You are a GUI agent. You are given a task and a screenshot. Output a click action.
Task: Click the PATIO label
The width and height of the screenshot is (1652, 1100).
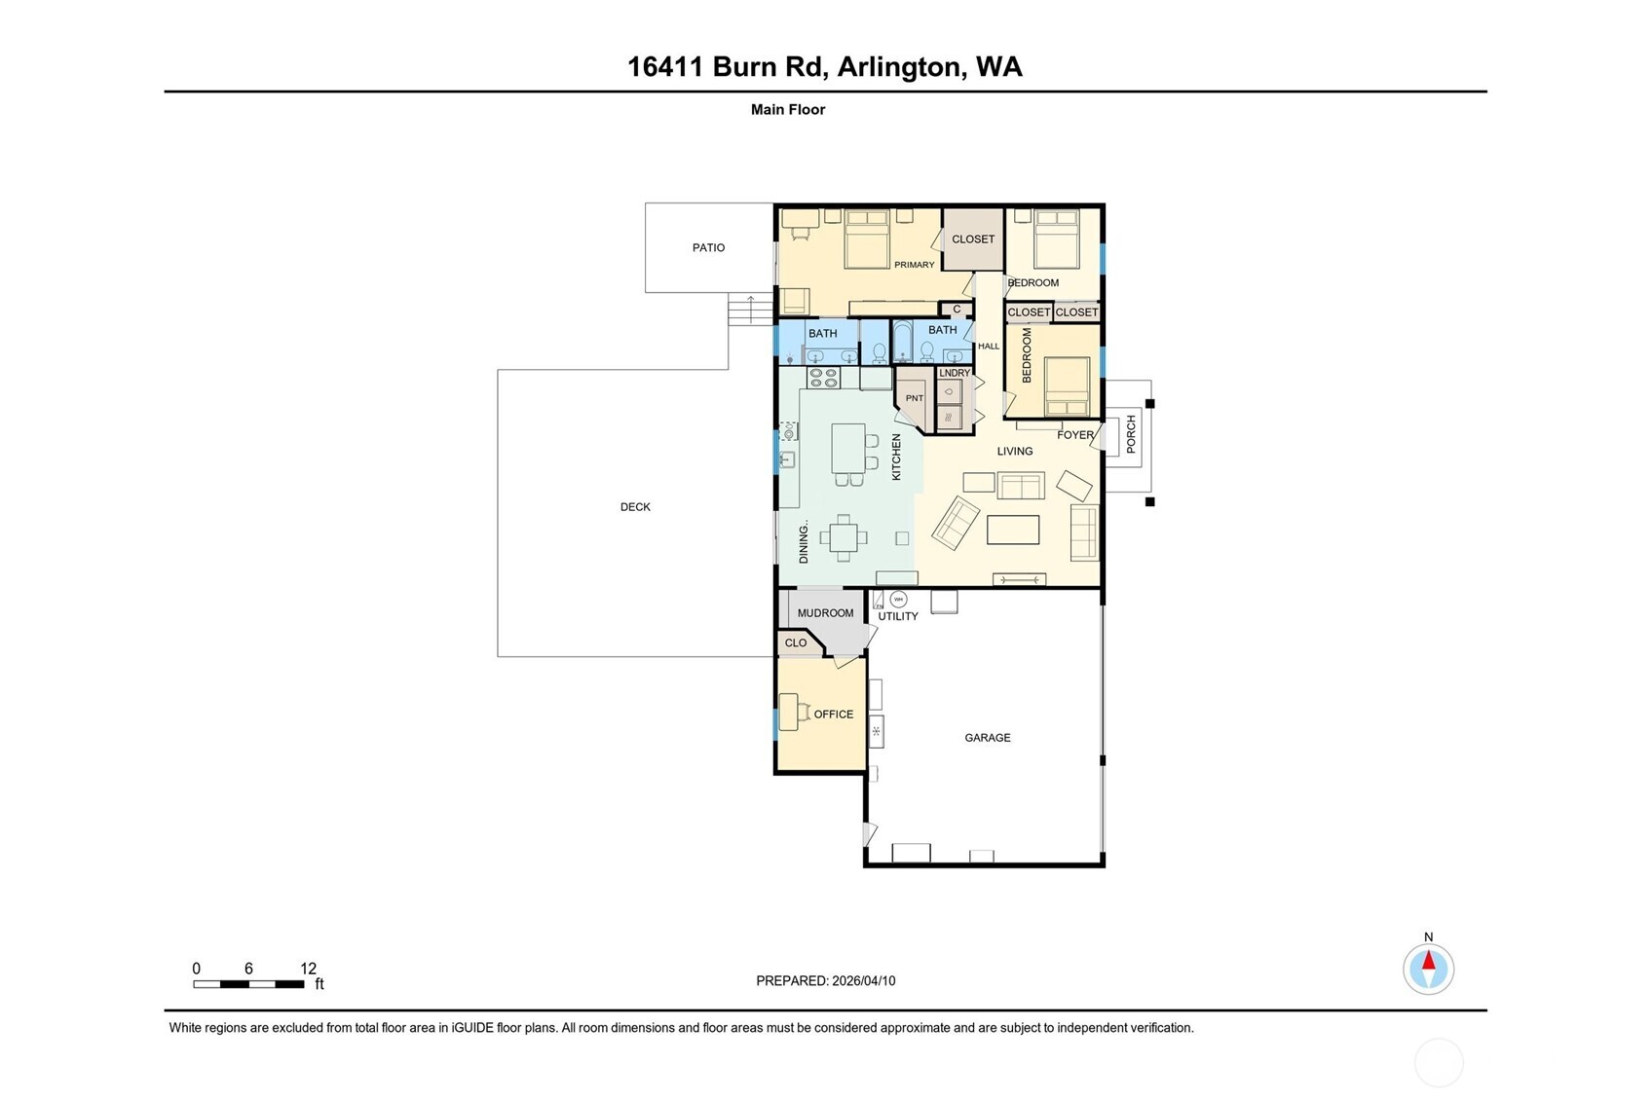pyautogui.click(x=708, y=247)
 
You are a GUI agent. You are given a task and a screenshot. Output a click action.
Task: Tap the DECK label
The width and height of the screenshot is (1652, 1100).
pyautogui.click(x=635, y=506)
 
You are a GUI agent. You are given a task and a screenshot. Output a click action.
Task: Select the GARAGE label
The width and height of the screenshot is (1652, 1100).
pyautogui.click(x=987, y=737)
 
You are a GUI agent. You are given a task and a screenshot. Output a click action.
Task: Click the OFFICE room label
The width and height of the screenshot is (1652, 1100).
pyautogui.click(x=833, y=714)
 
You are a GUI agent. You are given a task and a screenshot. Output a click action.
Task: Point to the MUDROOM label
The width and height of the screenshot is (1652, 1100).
pyautogui.click(x=825, y=612)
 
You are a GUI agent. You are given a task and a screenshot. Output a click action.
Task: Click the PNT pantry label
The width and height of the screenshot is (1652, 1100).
pyautogui.click(x=914, y=398)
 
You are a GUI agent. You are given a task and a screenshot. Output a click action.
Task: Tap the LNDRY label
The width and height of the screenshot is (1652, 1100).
pyautogui.click(x=955, y=373)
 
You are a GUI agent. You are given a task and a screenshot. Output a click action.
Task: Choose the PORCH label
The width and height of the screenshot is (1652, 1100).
pyautogui.click(x=1131, y=434)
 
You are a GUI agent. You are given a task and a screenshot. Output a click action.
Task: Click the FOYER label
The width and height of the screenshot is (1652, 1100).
pyautogui.click(x=1075, y=435)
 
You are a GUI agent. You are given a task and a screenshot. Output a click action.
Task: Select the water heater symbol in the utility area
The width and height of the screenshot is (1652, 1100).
pyautogui.click(x=898, y=599)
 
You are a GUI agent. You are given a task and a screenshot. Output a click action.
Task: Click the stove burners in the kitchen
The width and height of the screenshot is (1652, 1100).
pyautogui.click(x=823, y=378)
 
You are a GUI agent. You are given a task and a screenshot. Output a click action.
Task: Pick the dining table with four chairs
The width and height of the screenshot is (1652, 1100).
pyautogui.click(x=844, y=537)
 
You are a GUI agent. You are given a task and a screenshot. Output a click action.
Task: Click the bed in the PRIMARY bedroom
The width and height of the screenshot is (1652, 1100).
pyautogui.click(x=867, y=239)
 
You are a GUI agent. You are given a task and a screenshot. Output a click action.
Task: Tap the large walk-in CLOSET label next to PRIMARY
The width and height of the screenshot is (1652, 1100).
pyautogui.click(x=973, y=238)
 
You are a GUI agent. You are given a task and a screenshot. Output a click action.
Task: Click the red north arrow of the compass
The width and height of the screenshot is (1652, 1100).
pyautogui.click(x=1428, y=962)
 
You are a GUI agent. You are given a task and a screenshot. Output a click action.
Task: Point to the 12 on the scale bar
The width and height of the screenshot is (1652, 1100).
pyautogui.click(x=308, y=968)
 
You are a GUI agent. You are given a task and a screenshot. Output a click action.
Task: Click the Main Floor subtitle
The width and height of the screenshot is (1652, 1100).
pyautogui.click(x=787, y=109)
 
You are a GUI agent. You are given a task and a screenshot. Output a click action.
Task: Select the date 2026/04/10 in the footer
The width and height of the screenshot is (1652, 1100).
pyautogui.click(x=863, y=980)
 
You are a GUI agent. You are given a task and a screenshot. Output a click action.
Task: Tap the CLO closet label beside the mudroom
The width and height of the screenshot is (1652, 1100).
pyautogui.click(x=795, y=642)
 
